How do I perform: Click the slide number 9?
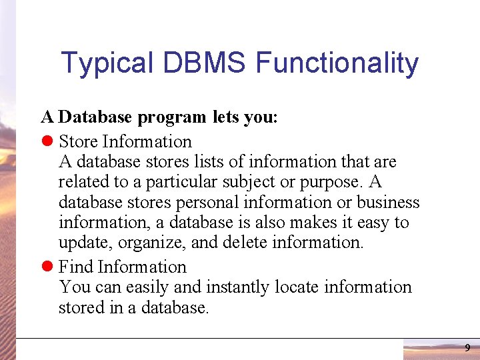click(x=467, y=348)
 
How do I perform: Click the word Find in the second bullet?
click(x=75, y=267)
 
